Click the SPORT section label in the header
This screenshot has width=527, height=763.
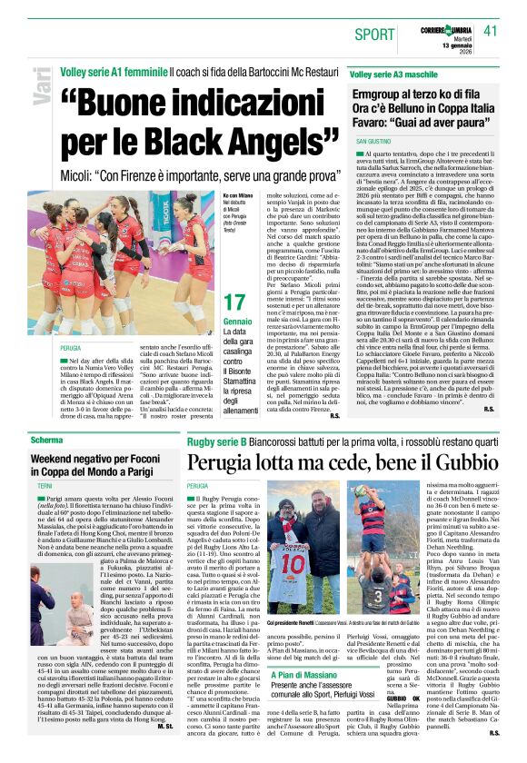[x=374, y=35]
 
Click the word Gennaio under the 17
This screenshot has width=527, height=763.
[x=238, y=322]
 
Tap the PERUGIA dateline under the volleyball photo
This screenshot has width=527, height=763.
[x=70, y=348]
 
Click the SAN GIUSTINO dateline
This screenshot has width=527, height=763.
[x=373, y=143]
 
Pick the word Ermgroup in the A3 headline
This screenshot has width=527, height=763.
[x=383, y=94]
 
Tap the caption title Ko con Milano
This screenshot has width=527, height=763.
[x=238, y=194]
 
